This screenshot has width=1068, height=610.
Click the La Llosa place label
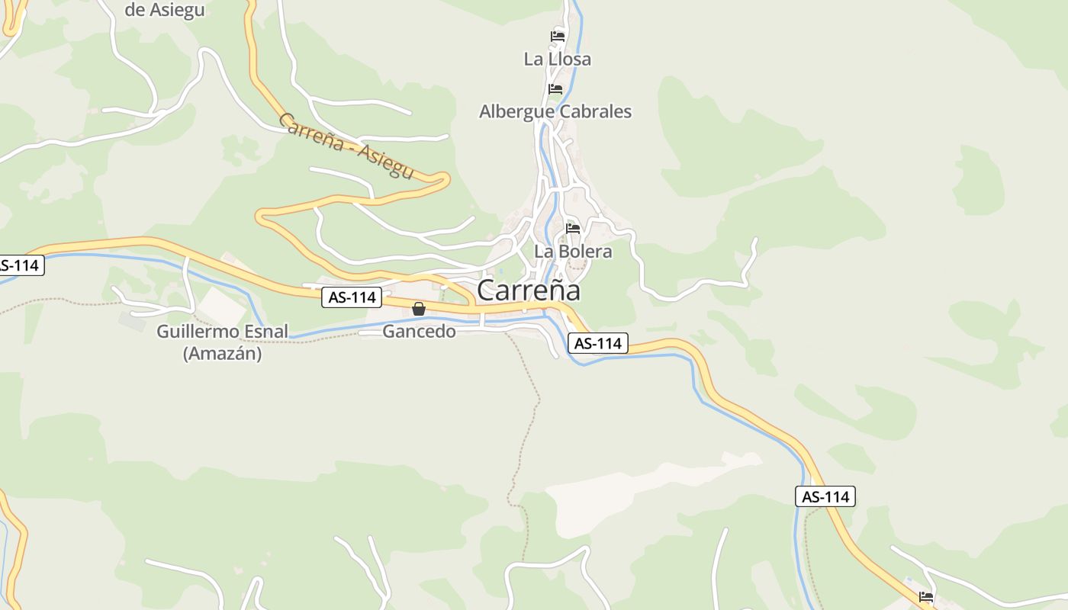557,59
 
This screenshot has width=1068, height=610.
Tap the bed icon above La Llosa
558,37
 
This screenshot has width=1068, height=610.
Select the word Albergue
516,111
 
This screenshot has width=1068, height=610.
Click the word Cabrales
595,111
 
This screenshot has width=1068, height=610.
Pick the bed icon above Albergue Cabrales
555,89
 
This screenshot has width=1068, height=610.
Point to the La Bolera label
573,251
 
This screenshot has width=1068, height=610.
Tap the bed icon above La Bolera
573,229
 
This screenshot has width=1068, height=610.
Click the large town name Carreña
529,290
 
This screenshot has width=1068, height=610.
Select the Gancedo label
419,331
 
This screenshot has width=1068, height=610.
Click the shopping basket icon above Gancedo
419,309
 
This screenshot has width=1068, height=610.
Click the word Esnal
268,331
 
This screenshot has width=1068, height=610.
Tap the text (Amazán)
222,354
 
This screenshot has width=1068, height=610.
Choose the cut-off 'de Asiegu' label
164,10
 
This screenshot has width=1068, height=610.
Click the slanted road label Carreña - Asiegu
346,146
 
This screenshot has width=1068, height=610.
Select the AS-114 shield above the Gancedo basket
352,297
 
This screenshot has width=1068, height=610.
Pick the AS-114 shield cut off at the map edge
21,265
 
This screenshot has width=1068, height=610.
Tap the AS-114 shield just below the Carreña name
598,344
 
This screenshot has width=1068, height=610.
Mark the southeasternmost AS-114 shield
825,496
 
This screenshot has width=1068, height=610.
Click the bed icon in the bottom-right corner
926,596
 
